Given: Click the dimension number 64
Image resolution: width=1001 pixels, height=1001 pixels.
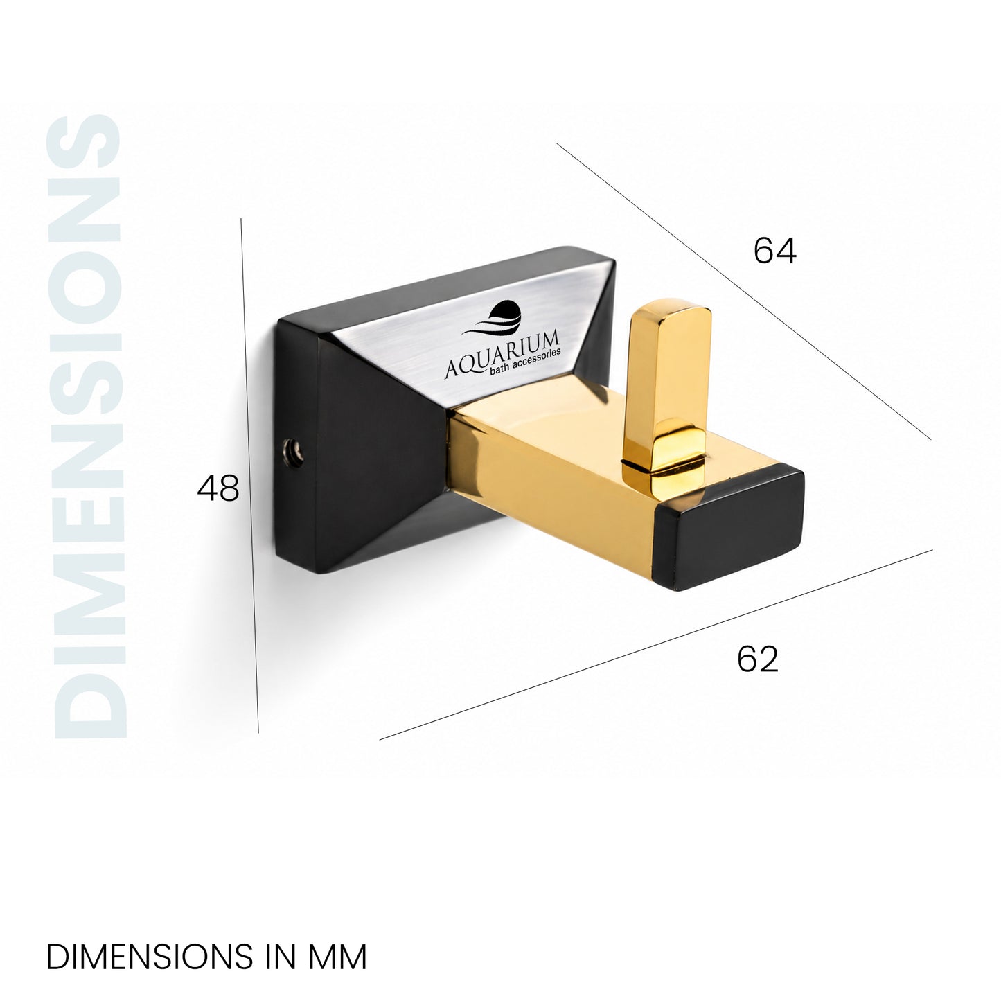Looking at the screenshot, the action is coord(774,250).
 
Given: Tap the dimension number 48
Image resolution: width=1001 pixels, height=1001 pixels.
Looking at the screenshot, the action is coord(218,488).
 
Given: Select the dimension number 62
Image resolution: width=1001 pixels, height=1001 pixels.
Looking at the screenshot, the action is coord(757,659).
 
